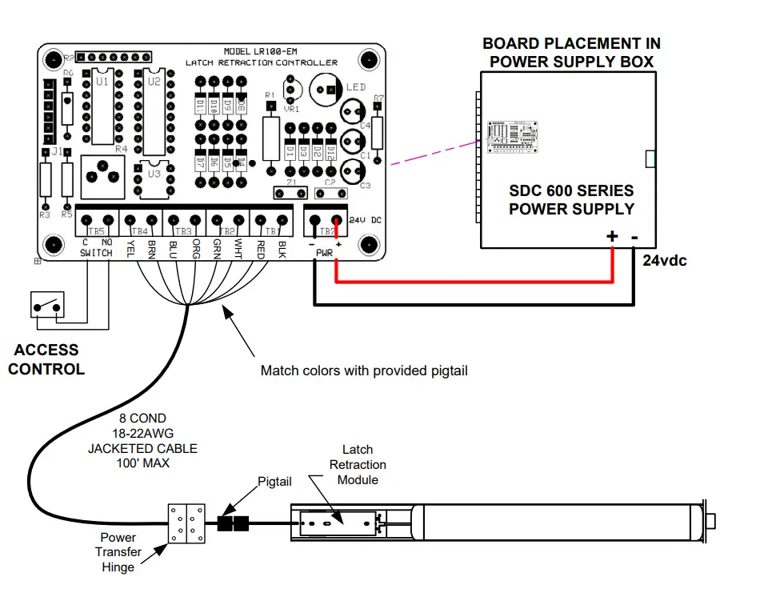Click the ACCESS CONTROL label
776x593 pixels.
point(46,359)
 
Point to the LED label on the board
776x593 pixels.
point(356,87)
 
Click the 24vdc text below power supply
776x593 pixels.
point(665,261)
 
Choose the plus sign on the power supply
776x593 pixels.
point(612,237)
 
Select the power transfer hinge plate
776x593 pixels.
point(186,524)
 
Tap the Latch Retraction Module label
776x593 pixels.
point(358,464)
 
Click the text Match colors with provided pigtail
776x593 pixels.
point(365,371)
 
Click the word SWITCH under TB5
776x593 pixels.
point(97,253)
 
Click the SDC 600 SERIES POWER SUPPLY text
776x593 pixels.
point(571,200)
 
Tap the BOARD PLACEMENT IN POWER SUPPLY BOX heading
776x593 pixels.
point(571,52)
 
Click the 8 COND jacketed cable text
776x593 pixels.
point(142,441)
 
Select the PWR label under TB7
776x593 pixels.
point(324,253)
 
